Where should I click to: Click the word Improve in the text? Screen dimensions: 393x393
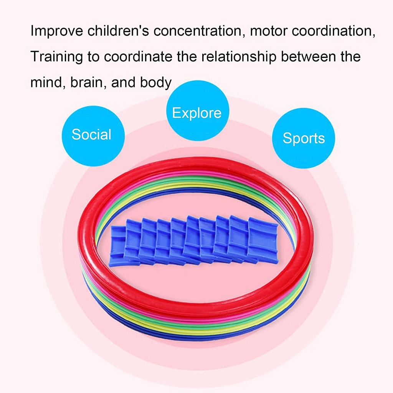click(x=57, y=31)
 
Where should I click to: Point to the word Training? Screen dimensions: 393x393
click(x=57, y=57)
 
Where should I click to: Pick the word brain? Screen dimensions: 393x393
click(x=87, y=82)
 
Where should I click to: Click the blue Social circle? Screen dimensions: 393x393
click(x=93, y=136)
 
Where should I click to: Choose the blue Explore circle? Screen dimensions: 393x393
click(x=198, y=111)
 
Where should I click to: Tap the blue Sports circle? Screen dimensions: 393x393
click(x=304, y=138)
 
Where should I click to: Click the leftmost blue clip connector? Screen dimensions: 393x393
click(x=117, y=246)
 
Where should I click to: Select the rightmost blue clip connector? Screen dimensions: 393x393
click(x=263, y=240)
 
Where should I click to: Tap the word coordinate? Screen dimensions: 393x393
click(x=138, y=57)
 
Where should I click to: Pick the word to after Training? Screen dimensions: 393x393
click(x=94, y=57)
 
